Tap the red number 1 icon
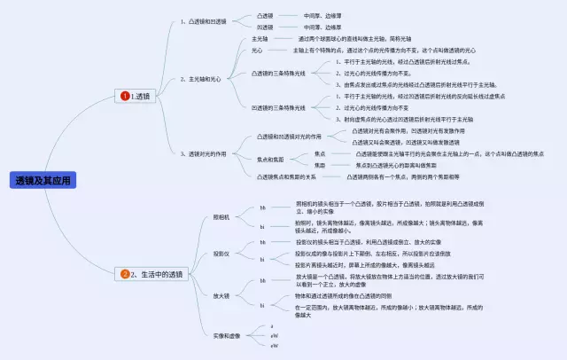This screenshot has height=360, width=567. [125, 95]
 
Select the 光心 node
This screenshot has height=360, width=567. [257, 51]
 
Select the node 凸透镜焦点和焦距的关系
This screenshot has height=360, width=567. [285, 176]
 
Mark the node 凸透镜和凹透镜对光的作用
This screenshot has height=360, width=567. [289, 137]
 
